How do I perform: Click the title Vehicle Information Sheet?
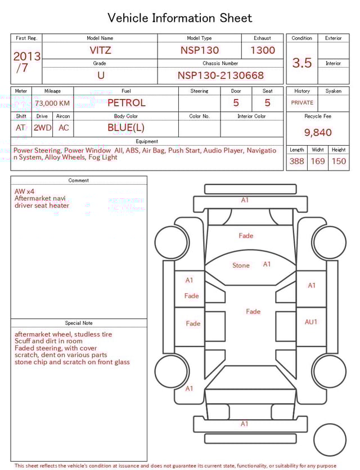[180, 18]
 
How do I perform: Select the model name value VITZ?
[101, 50]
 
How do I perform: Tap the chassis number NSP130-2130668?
[220, 75]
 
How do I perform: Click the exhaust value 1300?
[263, 50]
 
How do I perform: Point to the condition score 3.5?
[302, 63]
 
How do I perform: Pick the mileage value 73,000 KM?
[52, 103]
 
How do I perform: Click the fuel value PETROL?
[127, 103]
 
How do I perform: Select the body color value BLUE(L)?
[126, 128]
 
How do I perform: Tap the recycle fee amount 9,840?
[318, 132]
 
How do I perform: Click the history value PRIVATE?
[302, 103]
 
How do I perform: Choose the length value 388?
[296, 161]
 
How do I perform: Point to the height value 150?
[339, 161]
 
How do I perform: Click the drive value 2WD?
[42, 128]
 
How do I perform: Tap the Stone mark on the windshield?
[241, 266]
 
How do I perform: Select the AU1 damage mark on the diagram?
[311, 322]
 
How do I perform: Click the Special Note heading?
[79, 323]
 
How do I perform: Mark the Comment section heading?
[79, 181]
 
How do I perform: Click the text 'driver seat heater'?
[42, 205]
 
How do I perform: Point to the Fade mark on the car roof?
[253, 311]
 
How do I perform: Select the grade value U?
[101, 75]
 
